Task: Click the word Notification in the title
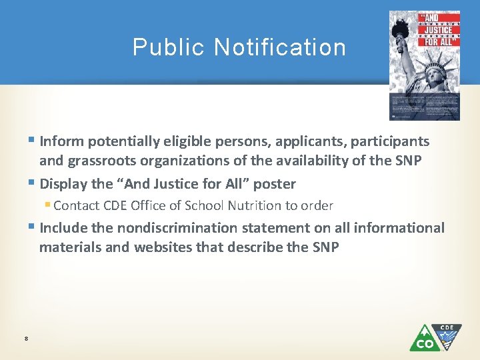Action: (x=280, y=47)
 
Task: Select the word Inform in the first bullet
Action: (x=61, y=141)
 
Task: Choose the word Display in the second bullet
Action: (x=63, y=183)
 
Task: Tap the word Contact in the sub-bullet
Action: (x=76, y=205)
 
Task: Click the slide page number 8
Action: (x=25, y=339)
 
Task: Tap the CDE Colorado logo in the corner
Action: (x=435, y=337)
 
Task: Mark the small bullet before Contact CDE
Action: (x=48, y=205)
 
